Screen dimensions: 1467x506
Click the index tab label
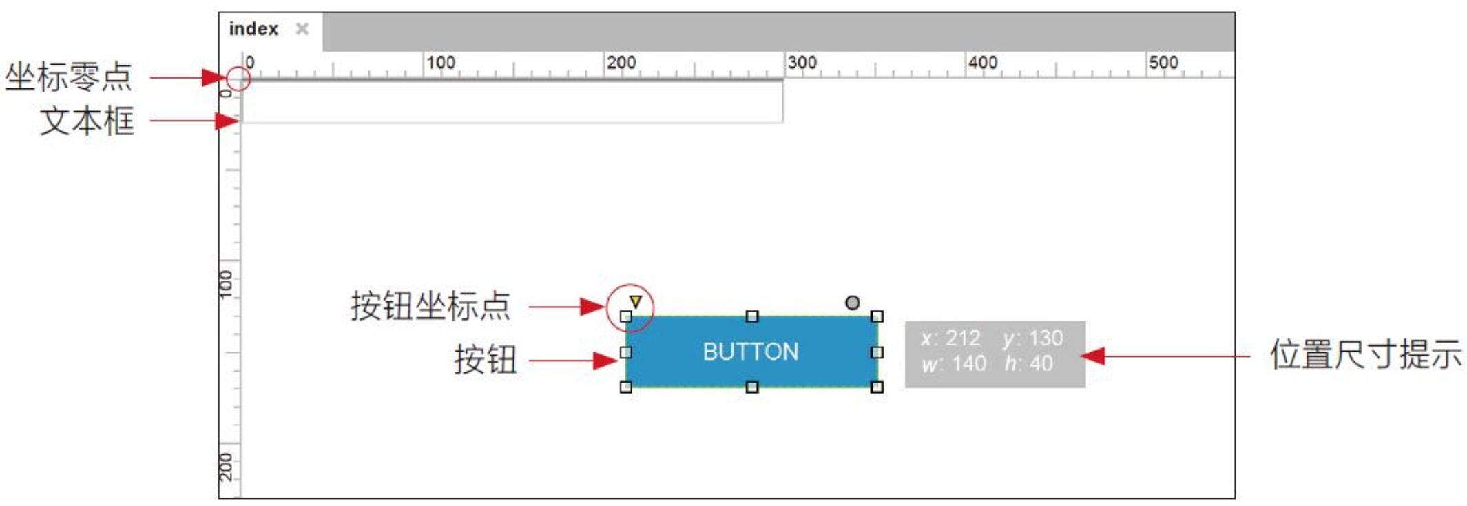253,29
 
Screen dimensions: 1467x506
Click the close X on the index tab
302,29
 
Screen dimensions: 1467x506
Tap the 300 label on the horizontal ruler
802,62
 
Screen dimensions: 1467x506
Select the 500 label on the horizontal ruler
1163,62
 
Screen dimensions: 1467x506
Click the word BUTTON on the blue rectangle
751,352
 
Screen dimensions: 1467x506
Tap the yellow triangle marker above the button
635,301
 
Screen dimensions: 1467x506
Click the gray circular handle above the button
852,303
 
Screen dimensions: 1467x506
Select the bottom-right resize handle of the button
877,387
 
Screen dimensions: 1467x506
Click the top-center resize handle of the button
752,316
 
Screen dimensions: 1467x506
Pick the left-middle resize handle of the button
625,352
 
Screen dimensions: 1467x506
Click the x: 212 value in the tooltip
950,338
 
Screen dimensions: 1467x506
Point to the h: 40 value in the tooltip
1029,363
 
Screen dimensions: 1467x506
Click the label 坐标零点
68,76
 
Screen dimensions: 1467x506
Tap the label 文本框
87,121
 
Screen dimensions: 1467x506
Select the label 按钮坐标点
430,305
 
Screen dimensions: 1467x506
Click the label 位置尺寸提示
1366,354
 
